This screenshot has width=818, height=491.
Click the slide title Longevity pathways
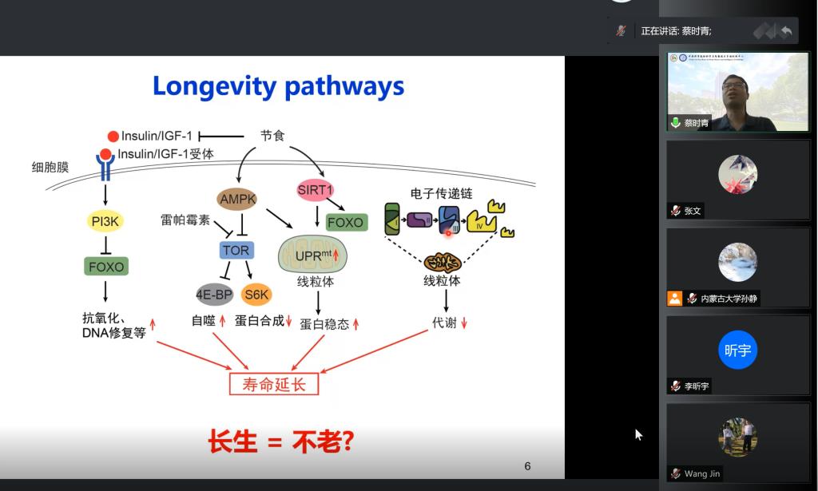(x=278, y=85)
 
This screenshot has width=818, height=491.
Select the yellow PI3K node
(x=105, y=220)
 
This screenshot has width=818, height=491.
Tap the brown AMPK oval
(x=237, y=198)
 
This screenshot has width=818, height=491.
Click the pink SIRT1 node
(x=315, y=189)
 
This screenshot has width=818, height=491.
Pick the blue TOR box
(x=236, y=250)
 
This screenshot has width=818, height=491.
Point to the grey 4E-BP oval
(x=214, y=295)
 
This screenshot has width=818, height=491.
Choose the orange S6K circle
(x=256, y=295)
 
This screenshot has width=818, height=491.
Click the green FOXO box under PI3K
(x=105, y=266)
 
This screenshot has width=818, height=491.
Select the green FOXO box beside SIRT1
(x=345, y=222)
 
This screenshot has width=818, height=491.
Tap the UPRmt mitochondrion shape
(x=312, y=255)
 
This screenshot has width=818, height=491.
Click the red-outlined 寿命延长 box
(x=274, y=384)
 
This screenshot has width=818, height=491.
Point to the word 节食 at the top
(x=272, y=136)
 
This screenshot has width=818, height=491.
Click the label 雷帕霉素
(x=185, y=220)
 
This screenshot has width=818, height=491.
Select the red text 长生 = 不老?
(x=280, y=442)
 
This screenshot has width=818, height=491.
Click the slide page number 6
(x=527, y=466)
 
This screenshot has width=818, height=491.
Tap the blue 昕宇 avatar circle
(x=737, y=350)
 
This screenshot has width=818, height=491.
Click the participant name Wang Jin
(x=701, y=473)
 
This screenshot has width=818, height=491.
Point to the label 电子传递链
(x=442, y=193)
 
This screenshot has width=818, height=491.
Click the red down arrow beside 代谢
(x=464, y=323)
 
